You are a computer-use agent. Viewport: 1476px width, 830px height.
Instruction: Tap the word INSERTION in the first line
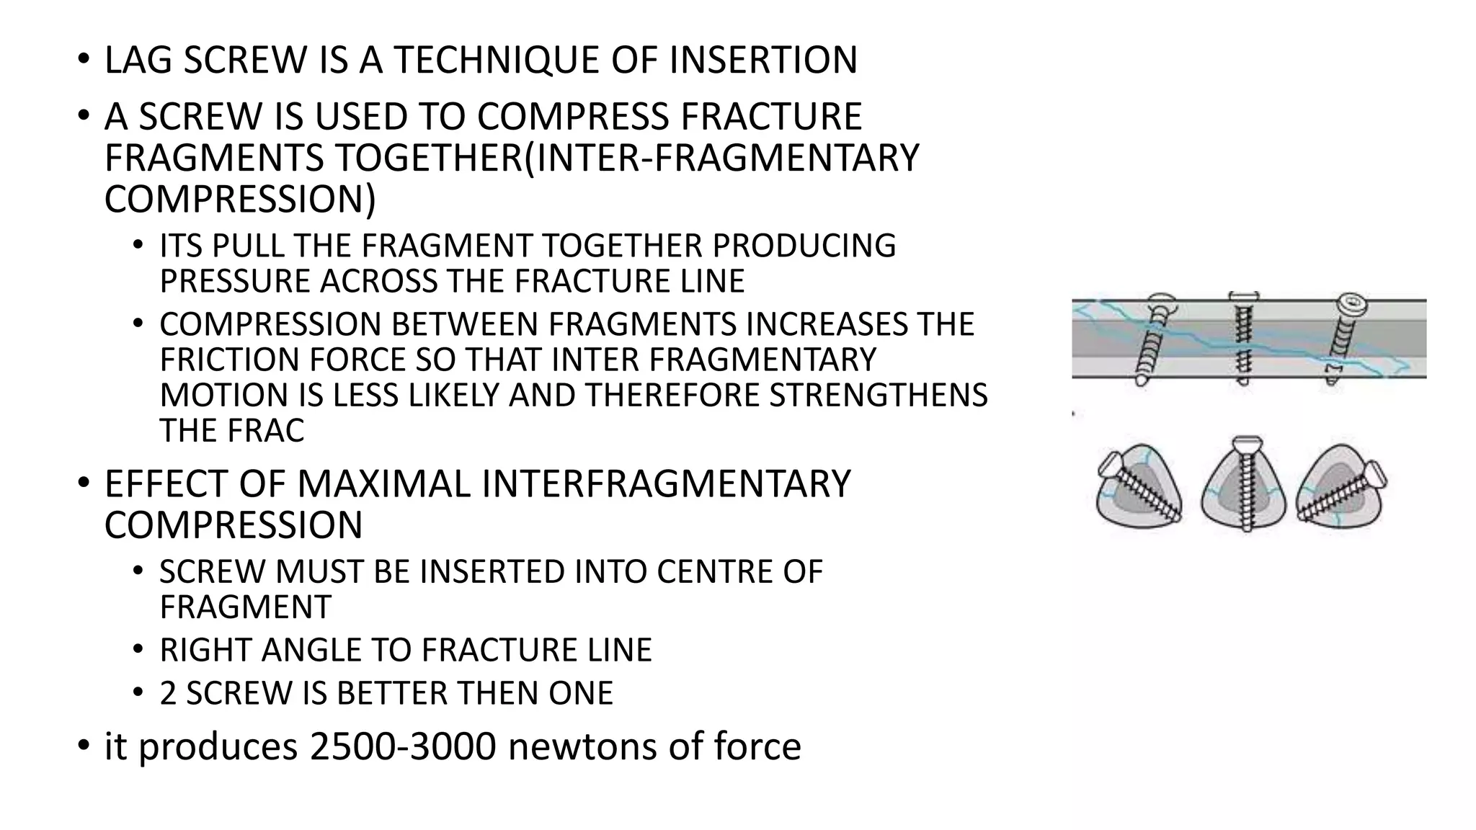(x=763, y=60)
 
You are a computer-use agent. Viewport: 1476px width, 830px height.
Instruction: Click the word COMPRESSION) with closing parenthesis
(x=239, y=200)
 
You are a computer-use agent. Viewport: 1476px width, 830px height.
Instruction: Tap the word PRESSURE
(x=235, y=281)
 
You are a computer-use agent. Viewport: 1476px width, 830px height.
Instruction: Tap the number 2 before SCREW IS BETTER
(x=168, y=693)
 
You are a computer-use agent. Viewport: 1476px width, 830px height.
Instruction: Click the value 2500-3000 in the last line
(x=403, y=746)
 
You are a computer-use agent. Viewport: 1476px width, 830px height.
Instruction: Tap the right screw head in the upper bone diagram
(x=1352, y=303)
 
